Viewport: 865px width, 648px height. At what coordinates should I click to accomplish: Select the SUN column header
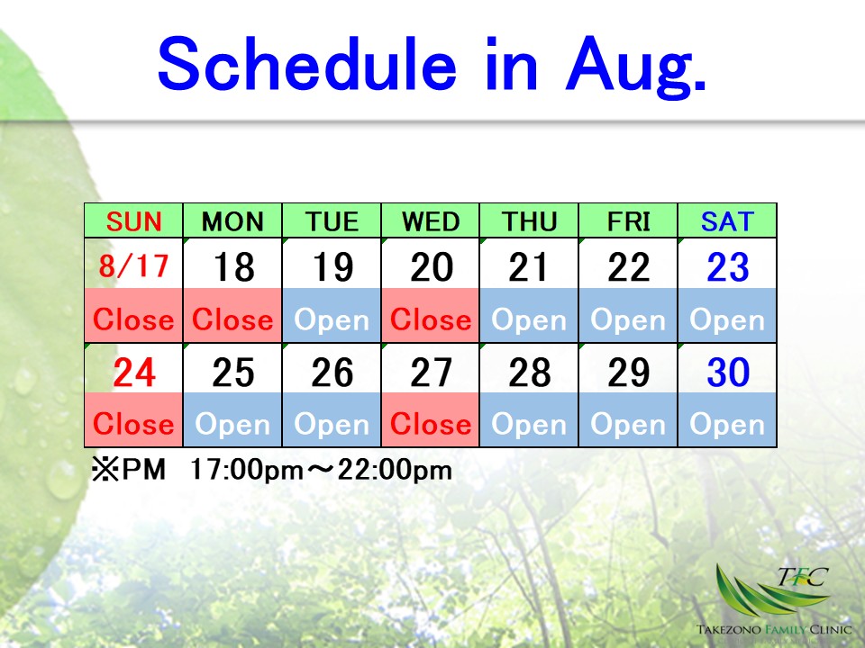[x=133, y=221]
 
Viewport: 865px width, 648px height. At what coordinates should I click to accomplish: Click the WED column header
[x=431, y=221]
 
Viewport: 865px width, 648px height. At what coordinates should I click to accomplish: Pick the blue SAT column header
[x=727, y=221]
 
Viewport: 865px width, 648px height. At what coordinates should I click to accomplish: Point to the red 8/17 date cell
[x=133, y=265]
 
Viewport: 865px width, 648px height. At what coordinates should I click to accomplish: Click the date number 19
[x=332, y=267]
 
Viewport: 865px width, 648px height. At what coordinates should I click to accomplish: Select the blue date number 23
[x=728, y=267]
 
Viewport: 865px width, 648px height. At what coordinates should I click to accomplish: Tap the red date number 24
[x=134, y=373]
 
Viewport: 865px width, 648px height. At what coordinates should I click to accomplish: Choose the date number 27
[x=431, y=373]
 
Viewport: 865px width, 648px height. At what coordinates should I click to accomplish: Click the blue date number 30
[x=728, y=373]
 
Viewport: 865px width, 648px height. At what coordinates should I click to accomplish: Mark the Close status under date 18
[x=232, y=319]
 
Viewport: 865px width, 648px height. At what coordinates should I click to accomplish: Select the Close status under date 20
[x=431, y=319]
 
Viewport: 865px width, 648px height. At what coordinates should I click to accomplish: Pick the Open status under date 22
[x=628, y=320]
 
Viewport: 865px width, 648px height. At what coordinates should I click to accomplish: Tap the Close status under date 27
[x=431, y=424]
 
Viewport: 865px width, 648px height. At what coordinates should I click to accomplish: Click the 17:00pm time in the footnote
[x=247, y=471]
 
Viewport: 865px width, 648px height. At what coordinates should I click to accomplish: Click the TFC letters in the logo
[x=803, y=577]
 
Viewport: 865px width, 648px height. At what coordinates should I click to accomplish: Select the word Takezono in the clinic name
[x=728, y=629]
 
